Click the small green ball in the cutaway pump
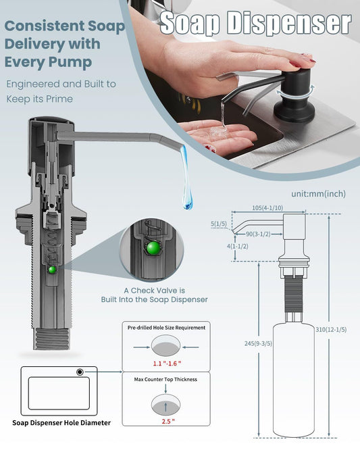click(x=52, y=270)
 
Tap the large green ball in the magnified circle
click(x=153, y=248)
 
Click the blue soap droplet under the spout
click(x=186, y=178)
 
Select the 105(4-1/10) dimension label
click(x=267, y=208)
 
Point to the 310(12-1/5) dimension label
click(x=331, y=330)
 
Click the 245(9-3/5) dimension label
click(x=258, y=343)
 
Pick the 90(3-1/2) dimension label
click(x=258, y=234)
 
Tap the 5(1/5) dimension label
click(x=219, y=224)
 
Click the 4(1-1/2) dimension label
click(x=238, y=246)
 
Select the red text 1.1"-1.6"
click(x=167, y=364)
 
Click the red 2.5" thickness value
click(x=168, y=422)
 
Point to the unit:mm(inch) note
click(x=318, y=194)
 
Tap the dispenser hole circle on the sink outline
click(x=80, y=372)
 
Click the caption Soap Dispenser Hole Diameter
click(x=61, y=423)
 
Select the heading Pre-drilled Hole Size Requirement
click(x=166, y=328)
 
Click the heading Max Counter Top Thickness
click(x=165, y=379)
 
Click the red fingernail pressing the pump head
click(x=295, y=64)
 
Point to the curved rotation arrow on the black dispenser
click(x=295, y=92)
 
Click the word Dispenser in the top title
click(x=289, y=23)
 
